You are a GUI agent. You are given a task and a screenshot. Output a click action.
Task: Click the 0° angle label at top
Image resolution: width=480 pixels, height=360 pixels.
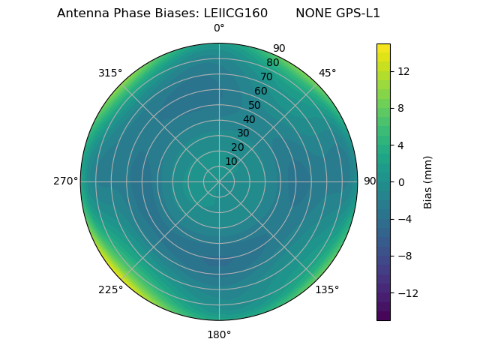click(x=219, y=28)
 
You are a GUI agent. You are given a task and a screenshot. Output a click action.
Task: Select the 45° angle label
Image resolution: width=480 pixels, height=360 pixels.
click(x=327, y=73)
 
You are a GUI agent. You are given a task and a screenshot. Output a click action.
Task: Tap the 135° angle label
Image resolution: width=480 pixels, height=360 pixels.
click(x=327, y=289)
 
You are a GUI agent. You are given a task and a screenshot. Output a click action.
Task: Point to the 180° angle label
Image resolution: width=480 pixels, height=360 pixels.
click(x=219, y=334)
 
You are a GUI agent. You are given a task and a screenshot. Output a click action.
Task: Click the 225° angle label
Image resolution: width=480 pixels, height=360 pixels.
click(x=110, y=290)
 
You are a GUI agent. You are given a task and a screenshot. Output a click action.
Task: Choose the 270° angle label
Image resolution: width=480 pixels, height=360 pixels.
click(x=65, y=181)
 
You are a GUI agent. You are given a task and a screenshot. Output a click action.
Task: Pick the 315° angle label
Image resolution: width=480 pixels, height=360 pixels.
click(x=110, y=73)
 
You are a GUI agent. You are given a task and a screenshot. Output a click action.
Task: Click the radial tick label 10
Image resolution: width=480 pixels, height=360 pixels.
click(x=231, y=161)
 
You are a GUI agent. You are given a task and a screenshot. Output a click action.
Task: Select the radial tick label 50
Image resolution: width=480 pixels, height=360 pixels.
click(x=255, y=106)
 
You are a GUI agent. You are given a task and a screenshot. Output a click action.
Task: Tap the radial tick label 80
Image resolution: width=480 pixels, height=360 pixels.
click(x=273, y=63)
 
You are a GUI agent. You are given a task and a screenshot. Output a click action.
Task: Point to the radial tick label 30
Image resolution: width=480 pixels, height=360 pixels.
click(x=243, y=133)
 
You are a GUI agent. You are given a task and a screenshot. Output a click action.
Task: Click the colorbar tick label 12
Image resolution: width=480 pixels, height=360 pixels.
click(x=403, y=71)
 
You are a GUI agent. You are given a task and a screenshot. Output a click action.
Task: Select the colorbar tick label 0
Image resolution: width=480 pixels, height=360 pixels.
click(x=400, y=182)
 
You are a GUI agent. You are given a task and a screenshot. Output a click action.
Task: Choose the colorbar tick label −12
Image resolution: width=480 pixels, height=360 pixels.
click(x=406, y=293)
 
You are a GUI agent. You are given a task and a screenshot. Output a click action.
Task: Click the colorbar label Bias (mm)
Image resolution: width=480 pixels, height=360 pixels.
click(x=428, y=182)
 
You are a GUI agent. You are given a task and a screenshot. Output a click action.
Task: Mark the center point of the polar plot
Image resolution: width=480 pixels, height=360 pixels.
click(x=219, y=181)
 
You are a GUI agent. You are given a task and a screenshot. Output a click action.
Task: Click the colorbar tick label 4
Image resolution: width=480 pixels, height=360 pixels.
click(x=400, y=145)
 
